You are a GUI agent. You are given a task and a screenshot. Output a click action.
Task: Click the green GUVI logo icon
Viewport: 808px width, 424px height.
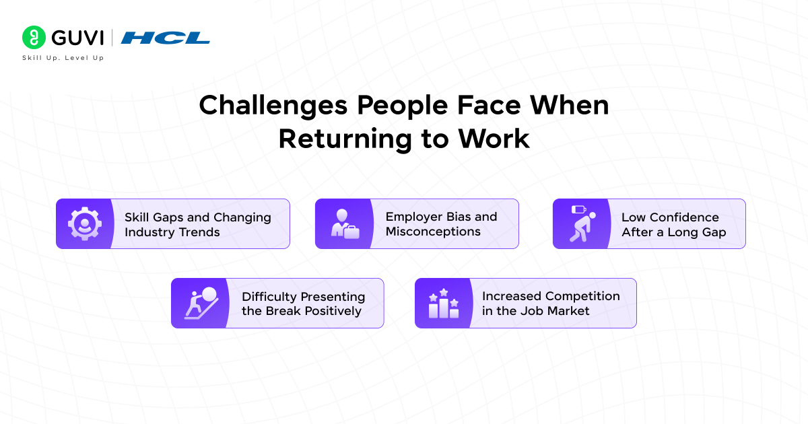pos(34,38)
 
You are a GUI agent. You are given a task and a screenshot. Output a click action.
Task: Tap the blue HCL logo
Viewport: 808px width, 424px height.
pos(166,38)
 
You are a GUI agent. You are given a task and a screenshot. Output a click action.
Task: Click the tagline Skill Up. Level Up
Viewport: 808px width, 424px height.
pos(63,58)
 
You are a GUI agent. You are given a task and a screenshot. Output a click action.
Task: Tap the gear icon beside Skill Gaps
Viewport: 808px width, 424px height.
pos(84,224)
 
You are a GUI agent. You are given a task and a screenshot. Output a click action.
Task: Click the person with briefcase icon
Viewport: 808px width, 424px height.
pos(344,224)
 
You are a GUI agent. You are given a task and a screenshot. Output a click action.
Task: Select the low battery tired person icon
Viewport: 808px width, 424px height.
pos(580,224)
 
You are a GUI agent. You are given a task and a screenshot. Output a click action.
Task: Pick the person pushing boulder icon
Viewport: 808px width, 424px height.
pos(200,304)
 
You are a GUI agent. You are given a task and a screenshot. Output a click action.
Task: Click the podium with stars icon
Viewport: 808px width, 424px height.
pos(443,304)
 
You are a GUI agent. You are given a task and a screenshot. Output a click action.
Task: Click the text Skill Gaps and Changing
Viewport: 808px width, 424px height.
pos(197,217)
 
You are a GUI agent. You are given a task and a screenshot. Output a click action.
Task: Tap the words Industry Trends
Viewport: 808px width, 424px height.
pos(172,232)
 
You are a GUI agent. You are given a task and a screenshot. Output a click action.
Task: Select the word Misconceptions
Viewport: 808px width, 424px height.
pos(433,232)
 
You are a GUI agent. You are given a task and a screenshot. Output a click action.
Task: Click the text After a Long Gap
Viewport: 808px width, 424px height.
pos(673,232)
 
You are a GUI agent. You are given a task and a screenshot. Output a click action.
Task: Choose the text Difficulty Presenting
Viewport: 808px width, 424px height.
pos(303,297)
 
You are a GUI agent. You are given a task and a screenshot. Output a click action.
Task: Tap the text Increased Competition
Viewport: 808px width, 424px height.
pos(550,296)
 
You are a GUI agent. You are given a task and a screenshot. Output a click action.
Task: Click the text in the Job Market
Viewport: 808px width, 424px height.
pos(535,311)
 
